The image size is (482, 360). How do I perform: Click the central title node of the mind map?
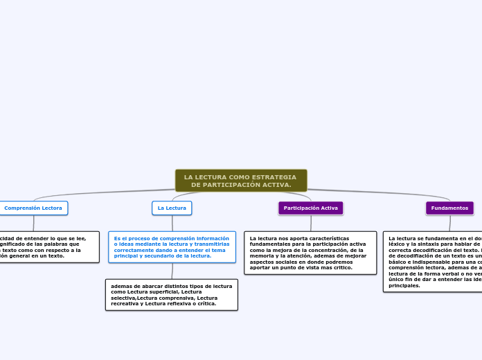(241, 181)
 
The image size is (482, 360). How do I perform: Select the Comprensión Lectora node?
(33, 208)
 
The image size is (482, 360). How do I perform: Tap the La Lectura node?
(172, 208)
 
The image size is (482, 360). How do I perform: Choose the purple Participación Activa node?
(311, 208)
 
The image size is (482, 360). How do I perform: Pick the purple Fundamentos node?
(449, 208)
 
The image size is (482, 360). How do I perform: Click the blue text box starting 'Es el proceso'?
(172, 247)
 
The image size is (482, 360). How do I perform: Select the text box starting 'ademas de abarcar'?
(172, 295)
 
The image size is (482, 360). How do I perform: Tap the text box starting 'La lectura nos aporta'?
(311, 253)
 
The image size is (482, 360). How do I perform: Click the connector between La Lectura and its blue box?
(172, 223)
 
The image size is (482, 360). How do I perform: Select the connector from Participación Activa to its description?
(311, 223)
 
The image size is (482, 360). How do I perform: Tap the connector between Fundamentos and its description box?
(449, 223)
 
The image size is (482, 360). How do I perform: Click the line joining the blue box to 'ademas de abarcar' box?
(172, 271)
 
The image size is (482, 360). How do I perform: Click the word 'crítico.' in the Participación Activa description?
(343, 268)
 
